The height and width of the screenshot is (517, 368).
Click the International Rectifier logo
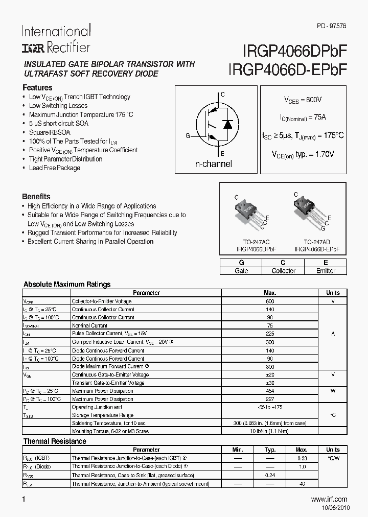pyautogui.click(x=56, y=39)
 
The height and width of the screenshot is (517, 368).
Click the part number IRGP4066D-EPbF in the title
pyautogui.click(x=289, y=70)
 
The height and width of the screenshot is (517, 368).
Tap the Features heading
pyautogui.click(x=37, y=87)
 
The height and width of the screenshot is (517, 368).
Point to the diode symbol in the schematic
pyautogui.click(x=227, y=124)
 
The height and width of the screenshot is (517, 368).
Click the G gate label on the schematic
pyautogui.click(x=188, y=135)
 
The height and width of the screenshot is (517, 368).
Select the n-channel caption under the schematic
pyautogui.click(x=214, y=164)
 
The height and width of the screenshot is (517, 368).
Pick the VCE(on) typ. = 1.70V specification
pyautogui.click(x=303, y=154)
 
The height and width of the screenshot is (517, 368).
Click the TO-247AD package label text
pyautogui.click(x=317, y=242)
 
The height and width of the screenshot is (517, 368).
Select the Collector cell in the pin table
pyautogui.click(x=283, y=271)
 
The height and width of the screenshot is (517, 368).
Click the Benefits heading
pyautogui.click(x=36, y=196)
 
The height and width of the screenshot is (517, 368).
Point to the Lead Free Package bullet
pyautogui.click(x=55, y=168)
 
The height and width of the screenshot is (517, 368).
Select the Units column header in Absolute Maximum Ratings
pyautogui.click(x=332, y=293)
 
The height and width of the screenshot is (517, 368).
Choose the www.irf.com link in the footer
pyautogui.click(x=329, y=499)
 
